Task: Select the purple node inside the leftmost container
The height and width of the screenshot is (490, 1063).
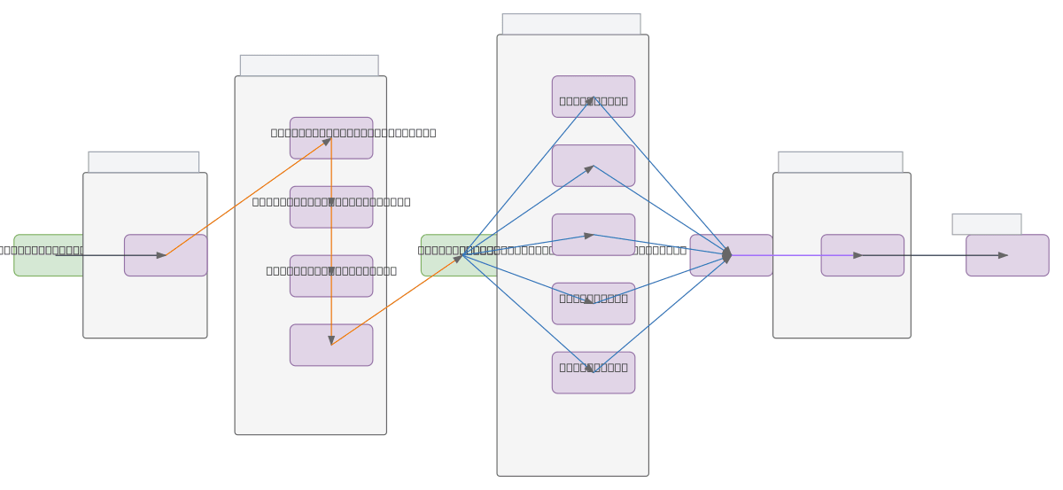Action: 166,255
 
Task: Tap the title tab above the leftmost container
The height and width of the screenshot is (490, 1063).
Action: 144,162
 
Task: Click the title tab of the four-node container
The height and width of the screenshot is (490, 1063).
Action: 309,66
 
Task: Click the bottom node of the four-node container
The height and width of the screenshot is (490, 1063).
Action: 331,345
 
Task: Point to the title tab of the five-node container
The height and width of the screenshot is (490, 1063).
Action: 571,24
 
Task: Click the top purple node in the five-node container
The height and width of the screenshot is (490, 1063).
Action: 594,97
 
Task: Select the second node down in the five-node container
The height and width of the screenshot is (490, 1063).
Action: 594,166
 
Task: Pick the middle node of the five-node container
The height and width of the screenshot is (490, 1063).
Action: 594,235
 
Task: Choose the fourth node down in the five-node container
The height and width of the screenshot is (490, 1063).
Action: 594,304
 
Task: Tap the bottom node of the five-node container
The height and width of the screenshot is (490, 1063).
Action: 594,373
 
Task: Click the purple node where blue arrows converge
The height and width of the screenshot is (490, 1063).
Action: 731,255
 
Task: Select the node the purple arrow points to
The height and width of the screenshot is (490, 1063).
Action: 862,255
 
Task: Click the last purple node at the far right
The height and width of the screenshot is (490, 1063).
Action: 1007,255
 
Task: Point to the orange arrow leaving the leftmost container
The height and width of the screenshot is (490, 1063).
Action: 248,197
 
